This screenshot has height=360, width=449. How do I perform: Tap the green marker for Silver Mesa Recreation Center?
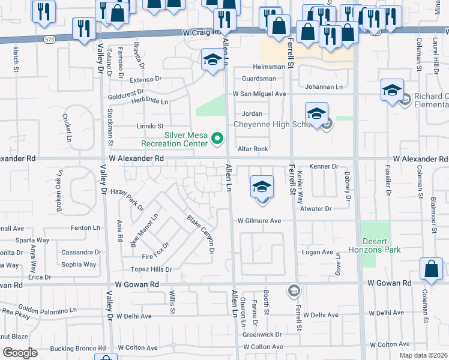218,140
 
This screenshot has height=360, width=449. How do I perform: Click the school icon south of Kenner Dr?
262,187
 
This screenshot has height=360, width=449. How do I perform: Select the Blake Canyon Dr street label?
200,234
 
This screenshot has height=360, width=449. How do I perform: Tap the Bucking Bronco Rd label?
78,348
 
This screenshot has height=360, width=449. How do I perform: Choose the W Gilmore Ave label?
259,221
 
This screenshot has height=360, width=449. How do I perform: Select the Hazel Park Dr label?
128,198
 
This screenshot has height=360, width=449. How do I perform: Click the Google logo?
20,353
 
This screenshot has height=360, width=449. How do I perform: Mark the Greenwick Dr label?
262,334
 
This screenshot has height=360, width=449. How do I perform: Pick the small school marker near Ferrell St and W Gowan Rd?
293,291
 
